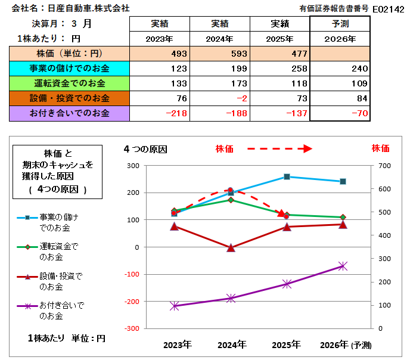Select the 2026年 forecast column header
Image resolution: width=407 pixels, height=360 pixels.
340,39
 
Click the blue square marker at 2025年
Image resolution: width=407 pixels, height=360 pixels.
287,176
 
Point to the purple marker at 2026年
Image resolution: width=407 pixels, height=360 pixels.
343,266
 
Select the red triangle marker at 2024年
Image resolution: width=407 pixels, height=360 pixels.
231,247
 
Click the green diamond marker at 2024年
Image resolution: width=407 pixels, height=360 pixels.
231,200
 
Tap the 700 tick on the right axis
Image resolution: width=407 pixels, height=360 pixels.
384,166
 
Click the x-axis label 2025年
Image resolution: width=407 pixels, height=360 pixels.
286,344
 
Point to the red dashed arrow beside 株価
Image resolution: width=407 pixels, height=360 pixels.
279,148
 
